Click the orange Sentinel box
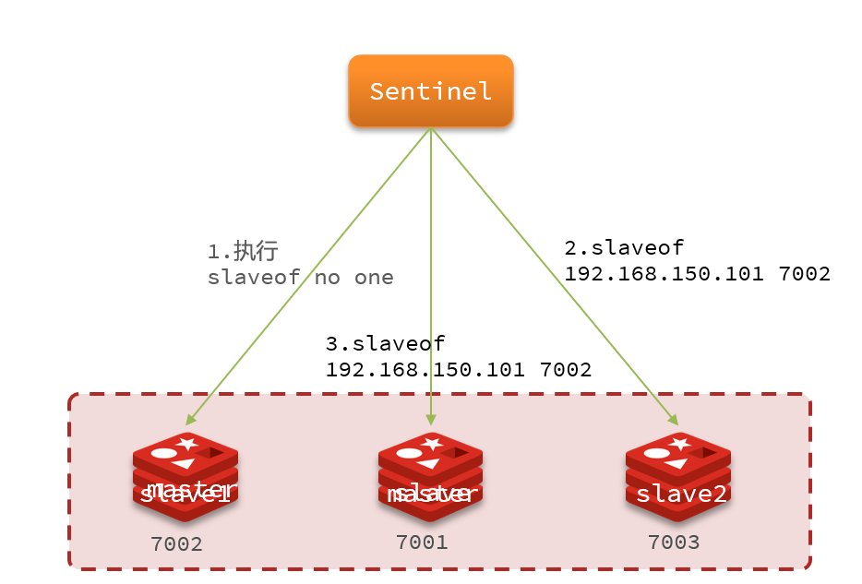point(430,90)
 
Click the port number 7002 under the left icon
point(176,544)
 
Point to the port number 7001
point(422,542)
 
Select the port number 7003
point(674,542)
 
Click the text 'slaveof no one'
point(301,278)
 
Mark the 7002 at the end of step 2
point(803,274)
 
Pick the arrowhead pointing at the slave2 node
point(674,420)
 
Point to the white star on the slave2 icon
point(681,445)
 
